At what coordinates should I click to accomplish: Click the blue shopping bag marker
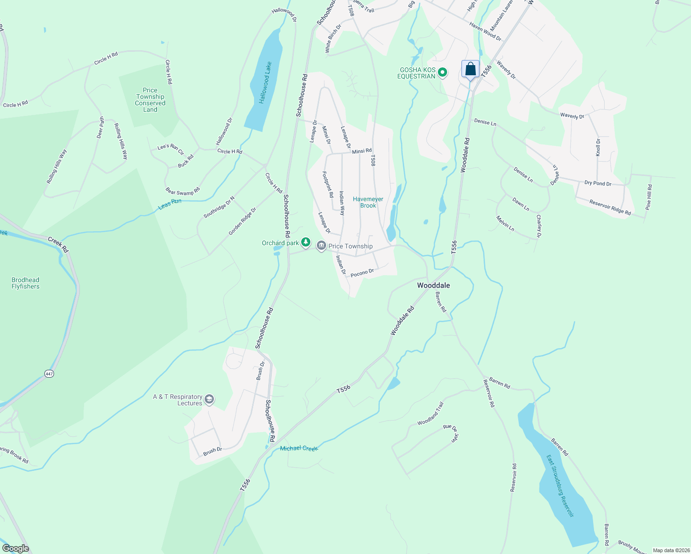point(470,70)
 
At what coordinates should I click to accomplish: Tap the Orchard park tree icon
point(306,242)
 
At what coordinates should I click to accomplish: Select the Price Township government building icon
point(321,246)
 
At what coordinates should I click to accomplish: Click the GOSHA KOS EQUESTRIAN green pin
point(442,72)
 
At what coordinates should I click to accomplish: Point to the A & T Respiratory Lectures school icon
point(209,399)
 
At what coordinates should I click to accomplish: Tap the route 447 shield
point(49,373)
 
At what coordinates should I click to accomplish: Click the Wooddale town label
point(433,285)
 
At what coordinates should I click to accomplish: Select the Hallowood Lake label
point(265,83)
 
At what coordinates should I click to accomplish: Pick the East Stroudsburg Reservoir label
point(560,486)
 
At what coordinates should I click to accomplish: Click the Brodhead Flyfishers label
point(25,283)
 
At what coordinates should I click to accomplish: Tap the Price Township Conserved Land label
point(150,100)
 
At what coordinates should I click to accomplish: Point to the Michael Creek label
point(299,448)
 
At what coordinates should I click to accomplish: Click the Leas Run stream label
point(170,204)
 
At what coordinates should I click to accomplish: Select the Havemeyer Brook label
point(368,202)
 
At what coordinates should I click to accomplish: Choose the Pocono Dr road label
point(362,273)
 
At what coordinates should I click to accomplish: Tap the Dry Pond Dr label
point(598,183)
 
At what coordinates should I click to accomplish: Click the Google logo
point(16,548)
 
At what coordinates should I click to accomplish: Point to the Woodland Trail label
point(430,414)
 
